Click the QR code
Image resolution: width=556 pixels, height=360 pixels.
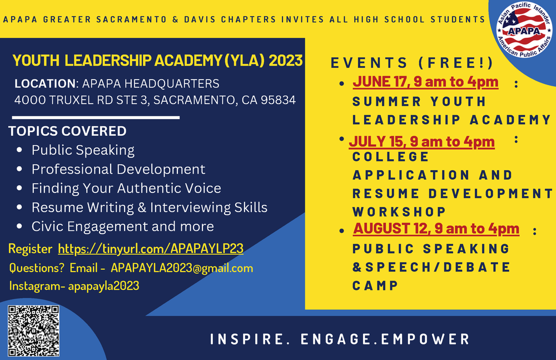point(33,332)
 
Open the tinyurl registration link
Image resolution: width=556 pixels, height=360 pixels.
point(151,248)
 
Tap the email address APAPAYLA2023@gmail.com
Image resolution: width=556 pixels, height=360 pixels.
point(182,268)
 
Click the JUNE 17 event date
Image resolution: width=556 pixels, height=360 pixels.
point(425,82)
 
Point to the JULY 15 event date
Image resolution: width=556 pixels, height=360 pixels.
point(422,141)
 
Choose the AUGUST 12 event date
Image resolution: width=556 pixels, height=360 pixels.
point(436,228)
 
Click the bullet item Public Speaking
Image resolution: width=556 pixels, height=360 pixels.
point(83,150)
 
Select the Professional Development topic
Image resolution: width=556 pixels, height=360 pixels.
point(118,169)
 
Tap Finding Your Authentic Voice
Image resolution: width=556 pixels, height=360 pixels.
point(126,188)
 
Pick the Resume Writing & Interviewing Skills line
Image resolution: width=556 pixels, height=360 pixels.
point(150,208)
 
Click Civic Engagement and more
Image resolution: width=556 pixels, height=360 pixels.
point(122,226)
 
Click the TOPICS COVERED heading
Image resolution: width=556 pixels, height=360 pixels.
point(67,131)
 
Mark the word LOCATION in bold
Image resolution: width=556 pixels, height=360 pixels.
point(44,84)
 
